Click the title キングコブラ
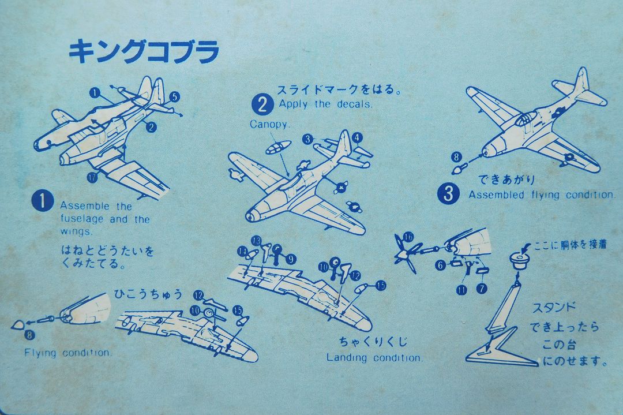(x=144, y=52)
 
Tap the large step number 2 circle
(x=262, y=104)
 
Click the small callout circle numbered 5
(x=175, y=97)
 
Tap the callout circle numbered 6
(x=440, y=266)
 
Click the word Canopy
(x=271, y=124)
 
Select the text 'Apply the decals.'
(x=326, y=104)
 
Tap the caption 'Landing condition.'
(x=374, y=358)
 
